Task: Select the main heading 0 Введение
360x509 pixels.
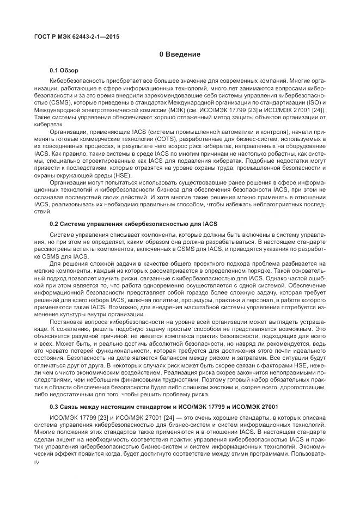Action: click(180, 54)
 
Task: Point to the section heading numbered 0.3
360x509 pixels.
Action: click(164, 406)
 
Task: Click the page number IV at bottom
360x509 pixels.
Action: click(37, 462)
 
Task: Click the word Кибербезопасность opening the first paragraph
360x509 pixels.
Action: click(74, 79)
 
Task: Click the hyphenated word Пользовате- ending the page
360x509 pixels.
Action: click(310, 453)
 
